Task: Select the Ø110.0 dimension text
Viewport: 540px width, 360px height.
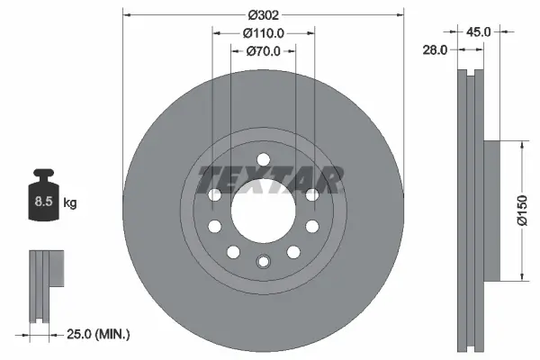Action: point(264,32)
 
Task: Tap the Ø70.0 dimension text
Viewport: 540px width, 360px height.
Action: point(264,51)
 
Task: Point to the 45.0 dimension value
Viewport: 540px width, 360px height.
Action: point(478,31)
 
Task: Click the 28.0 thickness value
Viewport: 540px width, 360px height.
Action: point(435,51)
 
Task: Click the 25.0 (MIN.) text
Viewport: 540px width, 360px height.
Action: point(99,335)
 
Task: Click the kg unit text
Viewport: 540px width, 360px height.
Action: point(69,203)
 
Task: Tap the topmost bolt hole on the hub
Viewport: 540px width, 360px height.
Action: point(263,160)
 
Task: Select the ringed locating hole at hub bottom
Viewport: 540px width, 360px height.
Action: point(263,262)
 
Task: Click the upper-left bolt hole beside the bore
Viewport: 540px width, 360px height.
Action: point(214,194)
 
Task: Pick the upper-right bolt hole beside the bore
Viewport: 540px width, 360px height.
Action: point(311,194)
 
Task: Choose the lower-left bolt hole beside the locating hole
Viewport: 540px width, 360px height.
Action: point(232,251)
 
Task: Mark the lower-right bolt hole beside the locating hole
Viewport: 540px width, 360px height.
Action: point(293,251)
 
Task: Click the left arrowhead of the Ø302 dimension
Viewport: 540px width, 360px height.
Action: point(125,15)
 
